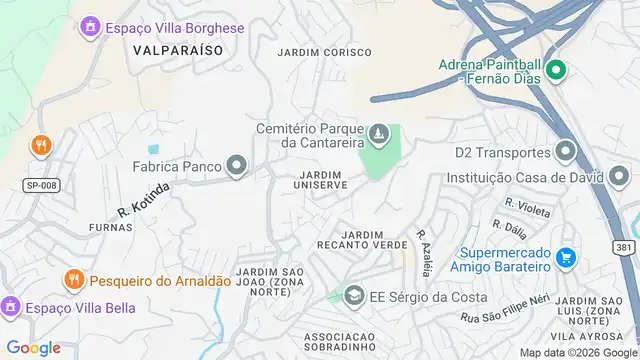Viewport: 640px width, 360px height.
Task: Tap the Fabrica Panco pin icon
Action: (x=237, y=165)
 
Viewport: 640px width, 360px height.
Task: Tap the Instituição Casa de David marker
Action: (x=620, y=176)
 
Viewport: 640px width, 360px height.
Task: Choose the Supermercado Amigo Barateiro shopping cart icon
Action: (x=565, y=257)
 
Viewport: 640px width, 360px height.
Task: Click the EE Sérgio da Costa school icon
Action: (x=353, y=296)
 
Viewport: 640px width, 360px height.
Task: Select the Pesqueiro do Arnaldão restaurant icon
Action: (x=73, y=279)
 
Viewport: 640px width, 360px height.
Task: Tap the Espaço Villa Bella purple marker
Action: (x=11, y=306)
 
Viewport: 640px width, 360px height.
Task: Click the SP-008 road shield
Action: (x=35, y=186)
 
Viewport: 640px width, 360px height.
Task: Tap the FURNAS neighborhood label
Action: (x=110, y=227)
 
